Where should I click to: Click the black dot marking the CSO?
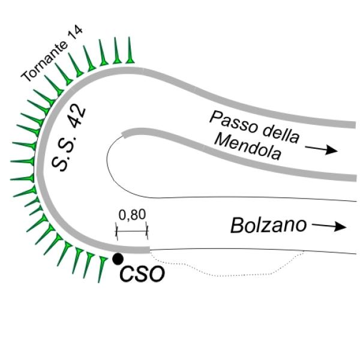(x=118, y=259)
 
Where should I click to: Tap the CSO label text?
(x=142, y=274)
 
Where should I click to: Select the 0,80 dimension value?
(x=132, y=215)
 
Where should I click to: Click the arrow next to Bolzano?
(x=329, y=226)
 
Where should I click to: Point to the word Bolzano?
(x=268, y=226)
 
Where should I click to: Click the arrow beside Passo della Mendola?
(x=321, y=149)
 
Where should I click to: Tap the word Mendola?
(x=248, y=147)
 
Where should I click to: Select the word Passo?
(x=233, y=122)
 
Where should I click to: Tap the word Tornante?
(x=44, y=62)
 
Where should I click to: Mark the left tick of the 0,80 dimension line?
(x=116, y=231)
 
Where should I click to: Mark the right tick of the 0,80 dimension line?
(x=147, y=231)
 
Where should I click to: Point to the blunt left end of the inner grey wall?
(x=124, y=134)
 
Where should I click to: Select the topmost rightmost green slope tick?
(x=130, y=50)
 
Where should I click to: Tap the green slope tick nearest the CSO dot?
(x=101, y=270)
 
